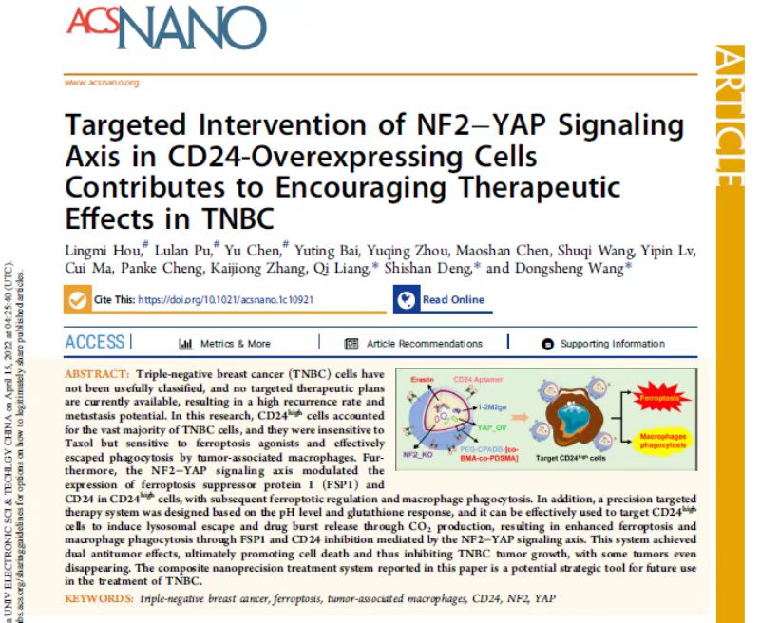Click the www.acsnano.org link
(102, 83)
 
